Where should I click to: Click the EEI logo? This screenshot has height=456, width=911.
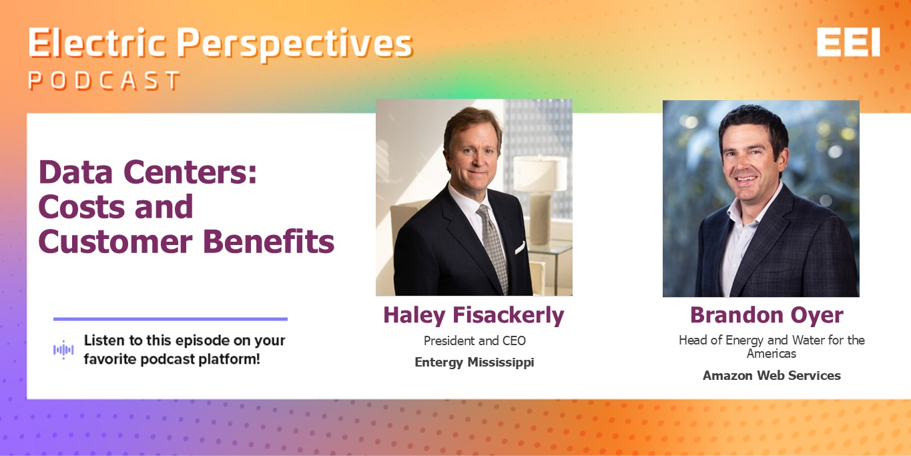(848, 42)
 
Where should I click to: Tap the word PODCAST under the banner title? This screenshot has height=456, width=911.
(105, 80)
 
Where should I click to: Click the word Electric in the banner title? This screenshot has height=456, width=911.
(97, 43)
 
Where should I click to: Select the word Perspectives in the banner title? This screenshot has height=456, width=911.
(295, 45)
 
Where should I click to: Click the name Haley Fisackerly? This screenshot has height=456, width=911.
(474, 316)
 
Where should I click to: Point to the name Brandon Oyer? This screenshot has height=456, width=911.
(767, 316)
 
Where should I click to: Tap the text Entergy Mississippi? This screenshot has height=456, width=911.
(475, 363)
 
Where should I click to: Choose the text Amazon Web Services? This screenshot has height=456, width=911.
(772, 375)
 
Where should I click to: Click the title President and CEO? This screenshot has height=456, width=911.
(475, 340)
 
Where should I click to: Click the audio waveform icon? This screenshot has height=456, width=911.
(63, 350)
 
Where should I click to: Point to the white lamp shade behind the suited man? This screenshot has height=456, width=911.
(540, 174)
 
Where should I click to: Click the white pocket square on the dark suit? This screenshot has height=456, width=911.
(520, 248)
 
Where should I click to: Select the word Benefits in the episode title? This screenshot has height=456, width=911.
(268, 242)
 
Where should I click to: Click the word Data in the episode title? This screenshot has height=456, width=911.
(75, 172)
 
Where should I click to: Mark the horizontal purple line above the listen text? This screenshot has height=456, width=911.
(170, 319)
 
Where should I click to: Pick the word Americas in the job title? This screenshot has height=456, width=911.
(772, 353)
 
